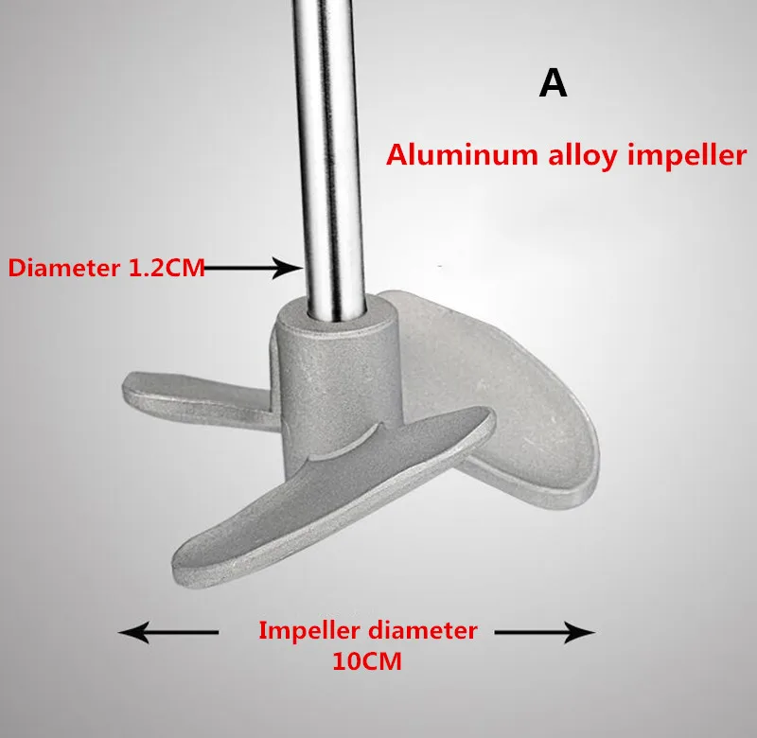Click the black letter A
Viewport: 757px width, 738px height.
(x=553, y=83)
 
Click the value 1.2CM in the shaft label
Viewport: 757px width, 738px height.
(x=167, y=268)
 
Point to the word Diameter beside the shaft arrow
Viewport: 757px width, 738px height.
(x=64, y=268)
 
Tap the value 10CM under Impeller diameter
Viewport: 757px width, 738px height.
(x=367, y=661)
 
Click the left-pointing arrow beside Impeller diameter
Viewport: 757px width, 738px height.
(x=168, y=632)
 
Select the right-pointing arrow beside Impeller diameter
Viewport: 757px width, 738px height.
(x=545, y=632)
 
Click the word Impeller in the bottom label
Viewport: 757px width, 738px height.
(x=309, y=631)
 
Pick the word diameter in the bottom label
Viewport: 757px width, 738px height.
(x=423, y=630)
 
